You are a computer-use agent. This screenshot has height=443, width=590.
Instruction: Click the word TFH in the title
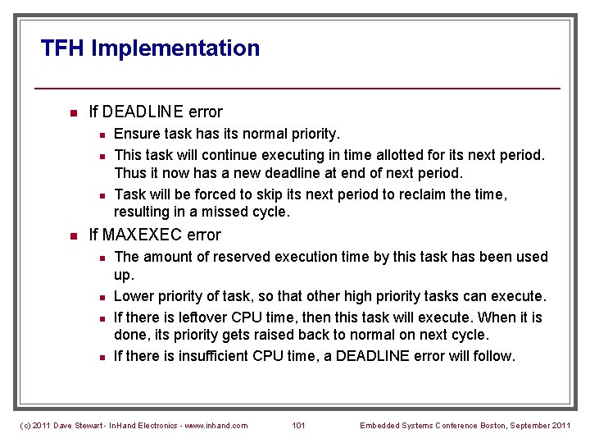click(x=63, y=48)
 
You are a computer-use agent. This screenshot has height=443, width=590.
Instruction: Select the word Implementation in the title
click(x=175, y=48)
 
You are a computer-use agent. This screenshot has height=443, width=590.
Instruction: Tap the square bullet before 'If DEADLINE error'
click(x=72, y=112)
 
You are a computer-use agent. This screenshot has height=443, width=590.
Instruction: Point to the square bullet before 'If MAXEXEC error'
click(x=72, y=236)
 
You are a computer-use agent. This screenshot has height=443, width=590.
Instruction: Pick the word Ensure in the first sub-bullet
click(x=136, y=133)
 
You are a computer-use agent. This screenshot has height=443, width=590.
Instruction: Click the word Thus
click(x=129, y=173)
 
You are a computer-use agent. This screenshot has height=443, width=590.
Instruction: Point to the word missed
click(x=234, y=212)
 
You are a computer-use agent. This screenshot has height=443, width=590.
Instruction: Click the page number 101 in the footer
click(x=298, y=425)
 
